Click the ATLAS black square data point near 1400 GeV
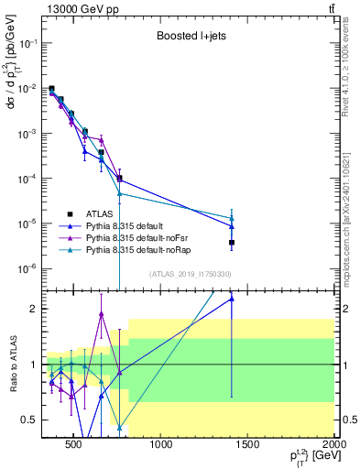click(232, 243)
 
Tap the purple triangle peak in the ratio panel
click(101, 314)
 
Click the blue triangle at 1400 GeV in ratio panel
click(232, 299)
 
